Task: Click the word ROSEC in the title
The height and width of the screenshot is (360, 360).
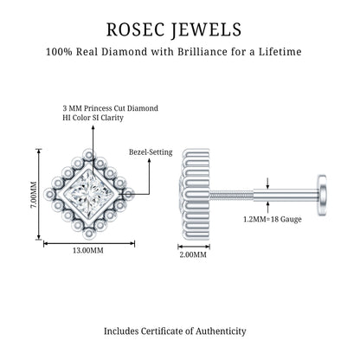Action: point(136,29)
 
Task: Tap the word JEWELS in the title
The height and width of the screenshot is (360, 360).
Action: point(206,30)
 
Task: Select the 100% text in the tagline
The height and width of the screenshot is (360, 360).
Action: point(59,52)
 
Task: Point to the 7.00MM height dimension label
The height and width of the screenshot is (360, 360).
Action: point(34,194)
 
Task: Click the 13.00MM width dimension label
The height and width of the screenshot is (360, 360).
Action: point(88,250)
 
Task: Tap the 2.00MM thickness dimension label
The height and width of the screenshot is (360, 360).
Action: point(193,254)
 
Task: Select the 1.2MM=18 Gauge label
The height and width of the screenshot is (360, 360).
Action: point(273,219)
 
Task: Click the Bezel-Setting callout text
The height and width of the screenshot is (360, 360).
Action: point(151,152)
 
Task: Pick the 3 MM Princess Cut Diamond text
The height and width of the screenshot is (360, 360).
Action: point(111,108)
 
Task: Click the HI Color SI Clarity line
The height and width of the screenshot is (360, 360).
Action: point(93,118)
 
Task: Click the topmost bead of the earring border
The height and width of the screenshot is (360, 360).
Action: point(89,155)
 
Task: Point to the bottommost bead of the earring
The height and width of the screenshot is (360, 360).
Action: point(89,233)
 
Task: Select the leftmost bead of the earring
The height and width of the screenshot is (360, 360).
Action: point(50,194)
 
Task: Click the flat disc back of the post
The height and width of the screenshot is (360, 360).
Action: point(322,195)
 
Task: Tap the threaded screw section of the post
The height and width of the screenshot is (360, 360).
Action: point(232,195)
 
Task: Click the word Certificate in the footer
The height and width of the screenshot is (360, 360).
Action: point(163,331)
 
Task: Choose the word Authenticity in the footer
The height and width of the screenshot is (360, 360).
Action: point(221,331)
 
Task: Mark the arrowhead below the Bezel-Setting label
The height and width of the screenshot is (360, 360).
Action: point(150,160)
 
